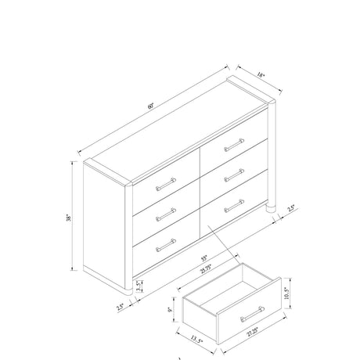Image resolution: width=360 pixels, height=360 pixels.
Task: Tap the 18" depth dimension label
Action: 261,75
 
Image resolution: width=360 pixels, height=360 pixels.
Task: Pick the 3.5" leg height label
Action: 139,286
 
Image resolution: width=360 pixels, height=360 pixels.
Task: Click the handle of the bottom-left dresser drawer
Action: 165,245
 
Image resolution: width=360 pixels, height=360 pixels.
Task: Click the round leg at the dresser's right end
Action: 272,210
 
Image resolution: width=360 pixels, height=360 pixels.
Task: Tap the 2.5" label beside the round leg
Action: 291,208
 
